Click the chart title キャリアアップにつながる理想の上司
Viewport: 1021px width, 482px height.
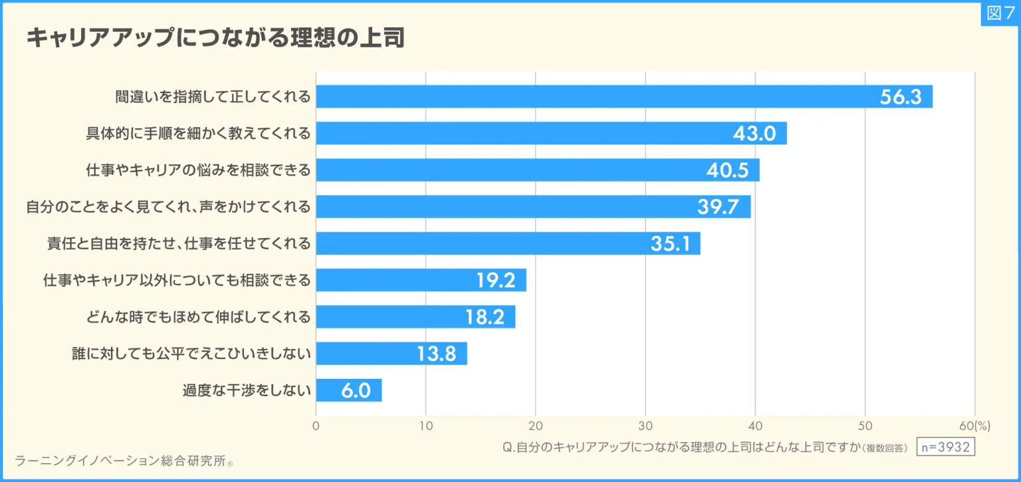coord(215,38)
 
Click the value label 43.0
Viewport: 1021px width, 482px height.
coord(754,134)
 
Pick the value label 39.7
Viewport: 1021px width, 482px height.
coord(718,207)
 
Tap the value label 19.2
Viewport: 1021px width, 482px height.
coord(496,281)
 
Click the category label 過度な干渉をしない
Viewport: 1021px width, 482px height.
coord(247,390)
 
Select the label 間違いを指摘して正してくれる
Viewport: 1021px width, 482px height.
coord(212,97)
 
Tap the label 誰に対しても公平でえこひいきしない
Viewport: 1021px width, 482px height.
coord(191,354)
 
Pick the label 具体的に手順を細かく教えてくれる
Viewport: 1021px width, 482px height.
coord(198,134)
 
